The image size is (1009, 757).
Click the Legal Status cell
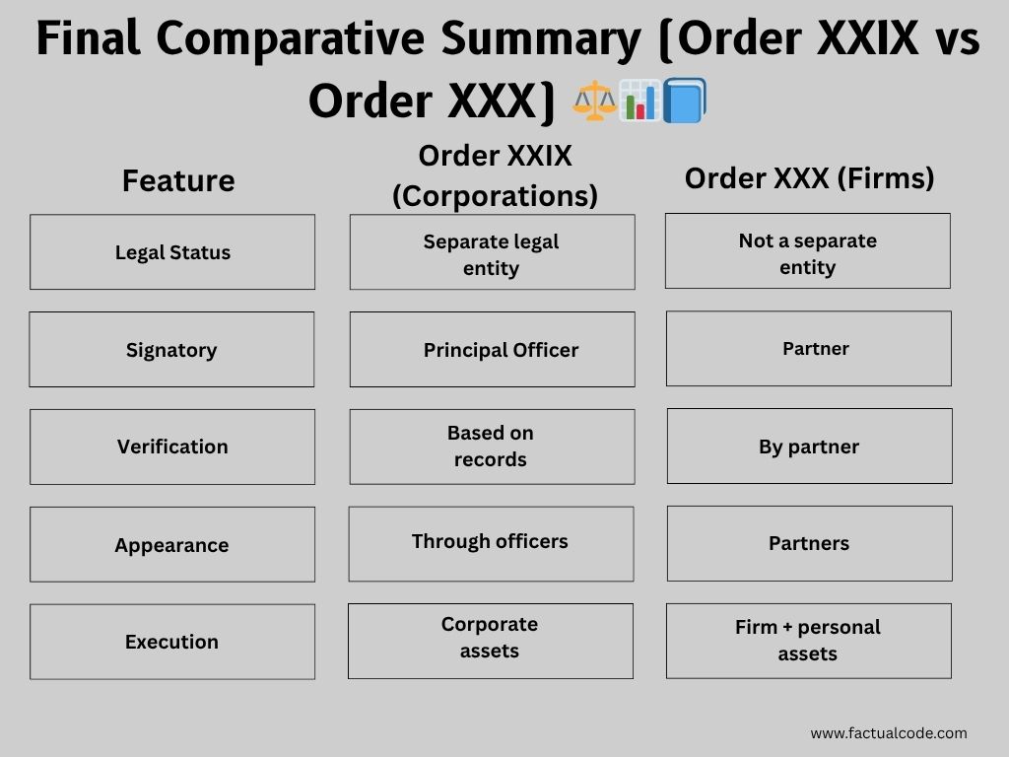pos(172,252)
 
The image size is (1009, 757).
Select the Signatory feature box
pos(171,350)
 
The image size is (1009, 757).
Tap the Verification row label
pos(172,447)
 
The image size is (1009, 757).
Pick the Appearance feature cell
pos(172,545)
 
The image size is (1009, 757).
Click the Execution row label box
pos(172,642)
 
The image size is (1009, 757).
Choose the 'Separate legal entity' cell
pos(492,254)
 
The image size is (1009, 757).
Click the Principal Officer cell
pos(492,350)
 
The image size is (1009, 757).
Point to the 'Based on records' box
pos(492,447)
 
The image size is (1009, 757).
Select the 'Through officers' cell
pos(491,543)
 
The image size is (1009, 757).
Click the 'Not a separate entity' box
pos(808,252)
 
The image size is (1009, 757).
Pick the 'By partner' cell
pos(809,447)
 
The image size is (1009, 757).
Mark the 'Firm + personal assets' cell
pos(808,641)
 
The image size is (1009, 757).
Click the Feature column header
pos(178,180)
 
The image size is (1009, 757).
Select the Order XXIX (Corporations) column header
pos(495,175)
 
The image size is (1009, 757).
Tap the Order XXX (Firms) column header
pos(809,177)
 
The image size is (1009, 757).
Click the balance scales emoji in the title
pos(595,102)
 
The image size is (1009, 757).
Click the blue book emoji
pos(684,102)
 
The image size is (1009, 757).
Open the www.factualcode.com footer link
pos(888,732)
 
